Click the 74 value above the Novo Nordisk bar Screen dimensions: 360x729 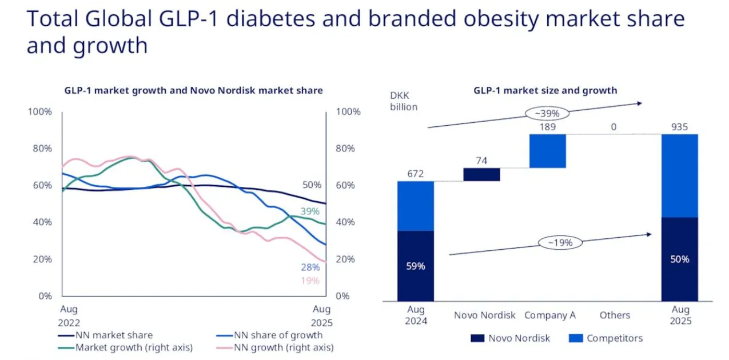481,161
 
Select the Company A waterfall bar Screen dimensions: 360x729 548,151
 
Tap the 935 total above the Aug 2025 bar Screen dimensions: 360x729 679,127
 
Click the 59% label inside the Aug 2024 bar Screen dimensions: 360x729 416,266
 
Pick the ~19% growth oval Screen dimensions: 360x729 560,242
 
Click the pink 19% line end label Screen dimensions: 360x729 310,281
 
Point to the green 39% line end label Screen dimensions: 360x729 310,211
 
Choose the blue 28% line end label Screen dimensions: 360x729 310,267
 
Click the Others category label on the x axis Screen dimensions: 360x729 615,315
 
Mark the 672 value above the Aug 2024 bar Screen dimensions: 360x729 416,174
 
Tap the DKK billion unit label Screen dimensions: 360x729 404,101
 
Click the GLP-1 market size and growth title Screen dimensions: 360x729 545,90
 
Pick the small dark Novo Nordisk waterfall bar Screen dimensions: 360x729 481,174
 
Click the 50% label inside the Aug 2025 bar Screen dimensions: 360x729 680,259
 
